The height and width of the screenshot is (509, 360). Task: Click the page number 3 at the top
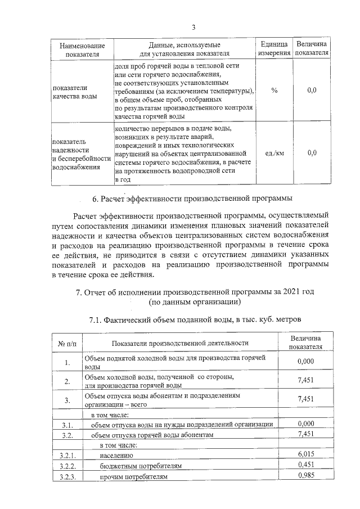pyautogui.click(x=193, y=27)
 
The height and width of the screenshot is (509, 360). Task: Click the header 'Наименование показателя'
pyautogui.click(x=78, y=48)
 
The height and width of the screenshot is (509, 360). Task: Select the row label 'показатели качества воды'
pyautogui.click(x=70, y=92)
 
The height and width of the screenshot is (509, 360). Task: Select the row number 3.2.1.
pyautogui.click(x=67, y=453)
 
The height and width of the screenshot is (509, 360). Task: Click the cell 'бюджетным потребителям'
pyautogui.click(x=141, y=465)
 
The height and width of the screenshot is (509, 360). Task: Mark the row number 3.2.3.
pyautogui.click(x=67, y=477)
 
